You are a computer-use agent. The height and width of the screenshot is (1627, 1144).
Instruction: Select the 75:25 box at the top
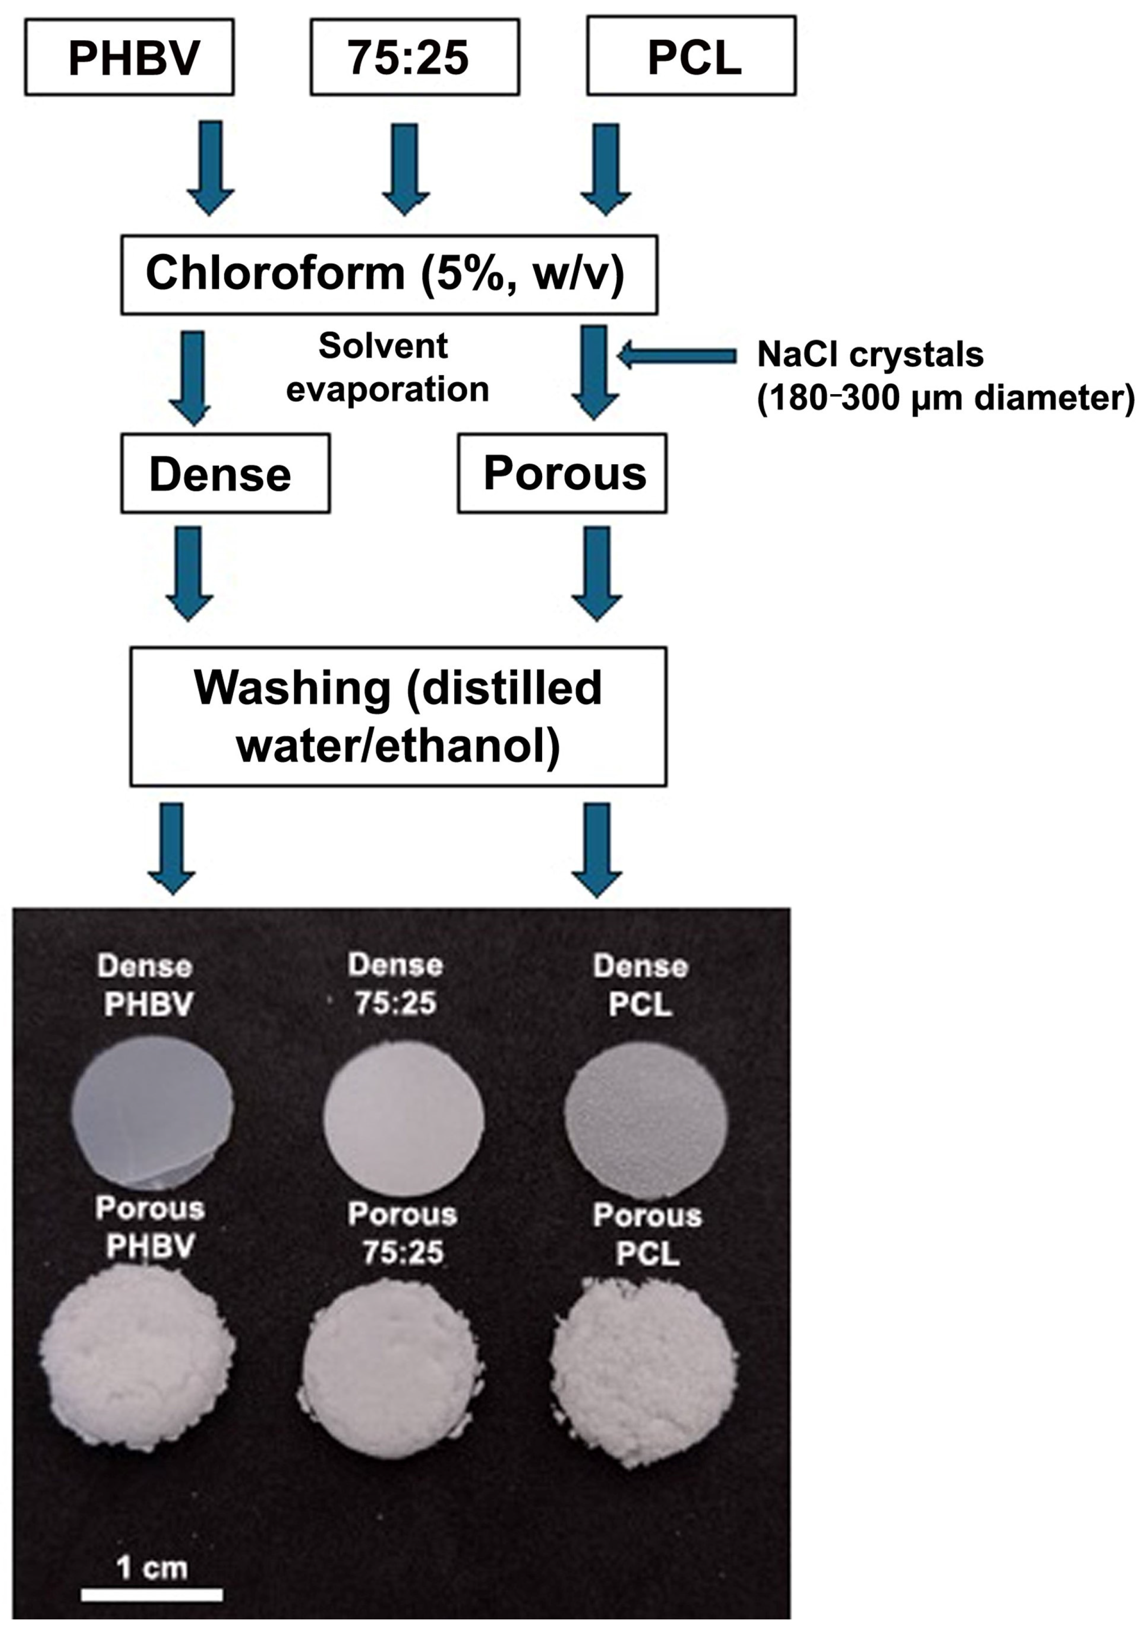[414, 57]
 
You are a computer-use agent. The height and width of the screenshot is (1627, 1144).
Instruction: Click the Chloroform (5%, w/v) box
[389, 274]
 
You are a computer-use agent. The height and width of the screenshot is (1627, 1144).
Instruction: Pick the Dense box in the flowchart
[225, 473]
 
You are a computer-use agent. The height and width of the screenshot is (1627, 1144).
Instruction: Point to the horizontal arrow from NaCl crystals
[676, 355]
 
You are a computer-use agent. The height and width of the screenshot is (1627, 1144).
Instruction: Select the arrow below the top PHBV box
[210, 167]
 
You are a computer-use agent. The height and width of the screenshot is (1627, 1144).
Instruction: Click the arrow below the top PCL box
[605, 169]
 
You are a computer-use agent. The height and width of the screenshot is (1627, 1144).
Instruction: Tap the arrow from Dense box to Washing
[189, 573]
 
